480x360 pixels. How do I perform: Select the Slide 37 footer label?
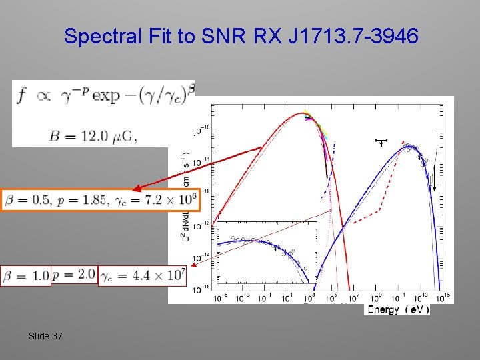tap(45, 336)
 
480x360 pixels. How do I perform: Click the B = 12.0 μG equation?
tap(93, 136)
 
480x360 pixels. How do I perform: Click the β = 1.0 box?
tap(26, 275)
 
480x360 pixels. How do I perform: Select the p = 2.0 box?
tap(73, 275)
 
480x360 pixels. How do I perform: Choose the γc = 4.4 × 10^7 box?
tap(142, 275)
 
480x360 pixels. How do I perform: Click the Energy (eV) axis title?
tap(398, 309)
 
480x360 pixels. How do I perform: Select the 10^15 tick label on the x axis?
tap(442, 297)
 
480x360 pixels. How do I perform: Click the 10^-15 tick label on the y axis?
tap(200, 290)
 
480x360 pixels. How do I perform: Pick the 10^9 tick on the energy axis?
tap(377, 297)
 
